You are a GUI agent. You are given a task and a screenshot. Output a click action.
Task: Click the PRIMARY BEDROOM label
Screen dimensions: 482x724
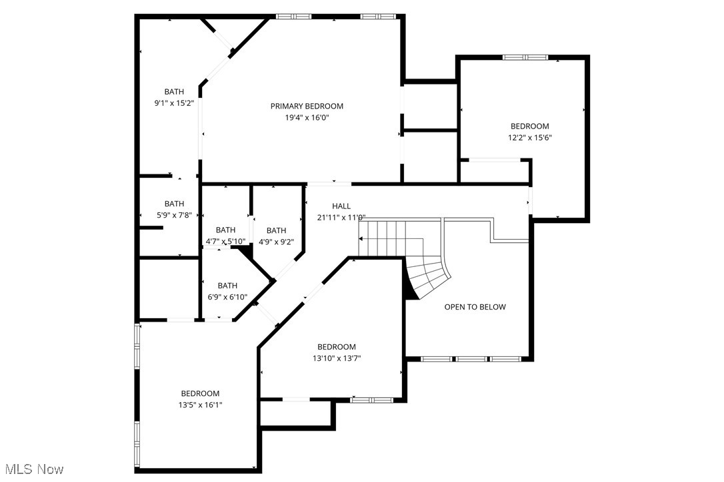pos(307,106)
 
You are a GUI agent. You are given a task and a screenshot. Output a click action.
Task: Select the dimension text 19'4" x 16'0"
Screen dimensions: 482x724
pos(307,118)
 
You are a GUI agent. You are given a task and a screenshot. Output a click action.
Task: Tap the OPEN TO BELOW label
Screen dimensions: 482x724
pos(475,307)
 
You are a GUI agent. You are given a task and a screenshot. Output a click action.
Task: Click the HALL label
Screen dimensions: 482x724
pos(341,206)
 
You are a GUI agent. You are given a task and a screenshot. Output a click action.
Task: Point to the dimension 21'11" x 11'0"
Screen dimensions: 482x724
pos(341,217)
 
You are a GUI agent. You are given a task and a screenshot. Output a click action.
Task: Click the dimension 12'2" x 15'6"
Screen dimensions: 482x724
pos(530,138)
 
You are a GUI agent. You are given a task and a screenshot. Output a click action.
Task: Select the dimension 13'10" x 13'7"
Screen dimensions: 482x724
pos(336,358)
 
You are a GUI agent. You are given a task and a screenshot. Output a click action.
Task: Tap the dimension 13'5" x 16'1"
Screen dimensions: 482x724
pos(200,405)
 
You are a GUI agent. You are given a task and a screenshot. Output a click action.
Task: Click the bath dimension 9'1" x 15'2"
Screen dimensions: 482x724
pos(174,103)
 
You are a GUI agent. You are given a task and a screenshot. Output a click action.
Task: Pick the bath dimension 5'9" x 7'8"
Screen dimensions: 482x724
pos(174,215)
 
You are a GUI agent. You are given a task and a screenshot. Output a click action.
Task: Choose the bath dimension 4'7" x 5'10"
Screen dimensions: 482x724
pos(225,241)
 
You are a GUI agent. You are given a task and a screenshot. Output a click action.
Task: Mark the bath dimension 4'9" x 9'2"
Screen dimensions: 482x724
pos(276,242)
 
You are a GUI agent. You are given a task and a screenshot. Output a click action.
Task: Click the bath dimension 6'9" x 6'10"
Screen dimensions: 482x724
pos(227,297)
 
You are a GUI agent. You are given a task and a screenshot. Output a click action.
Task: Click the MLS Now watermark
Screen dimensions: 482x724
pos(32,470)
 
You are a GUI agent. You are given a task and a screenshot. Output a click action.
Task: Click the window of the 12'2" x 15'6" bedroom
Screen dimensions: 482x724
pos(525,57)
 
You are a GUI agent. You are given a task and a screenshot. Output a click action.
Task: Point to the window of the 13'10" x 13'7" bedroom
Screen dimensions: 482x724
pos(371,399)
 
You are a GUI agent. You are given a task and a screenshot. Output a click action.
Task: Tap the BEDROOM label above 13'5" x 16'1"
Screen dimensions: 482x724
pos(200,393)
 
